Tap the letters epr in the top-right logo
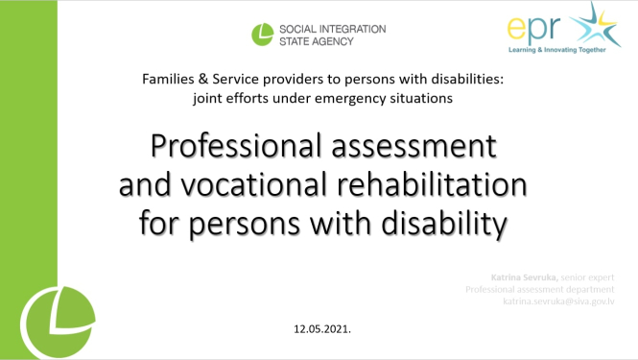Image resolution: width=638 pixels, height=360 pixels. [x=532, y=28]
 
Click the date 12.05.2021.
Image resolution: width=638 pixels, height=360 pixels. [x=322, y=329]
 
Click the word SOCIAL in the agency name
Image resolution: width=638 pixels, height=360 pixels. [x=305, y=29]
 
